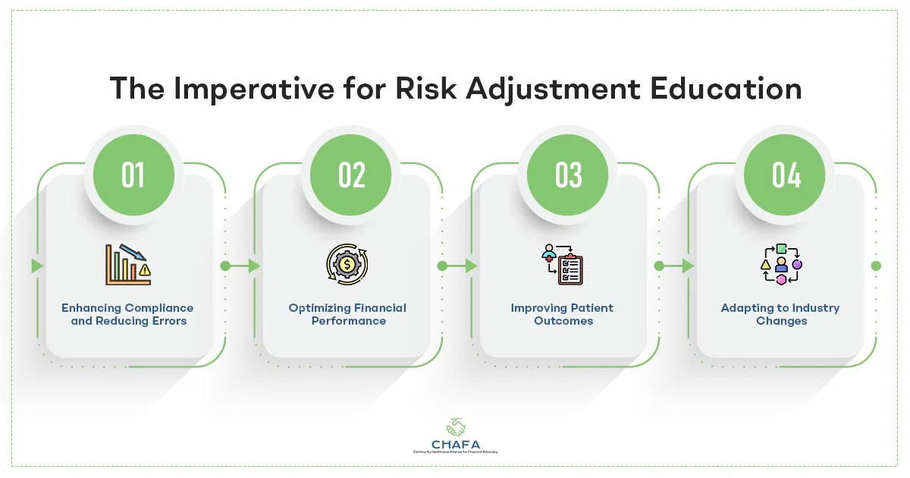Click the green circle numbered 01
tap(133, 175)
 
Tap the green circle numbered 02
tap(351, 175)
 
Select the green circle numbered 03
tap(568, 175)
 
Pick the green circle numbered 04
tap(786, 175)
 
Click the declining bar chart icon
tap(127, 265)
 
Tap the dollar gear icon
tap(347, 265)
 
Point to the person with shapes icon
tap(780, 265)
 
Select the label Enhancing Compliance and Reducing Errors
tap(127, 314)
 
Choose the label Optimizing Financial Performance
tap(347, 314)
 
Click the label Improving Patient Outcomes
tap(562, 314)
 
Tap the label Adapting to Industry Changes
tap(780, 314)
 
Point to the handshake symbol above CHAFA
tap(456, 424)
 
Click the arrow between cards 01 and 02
tap(243, 266)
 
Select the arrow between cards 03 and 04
tap(676, 266)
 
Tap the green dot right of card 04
tap(877, 266)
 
